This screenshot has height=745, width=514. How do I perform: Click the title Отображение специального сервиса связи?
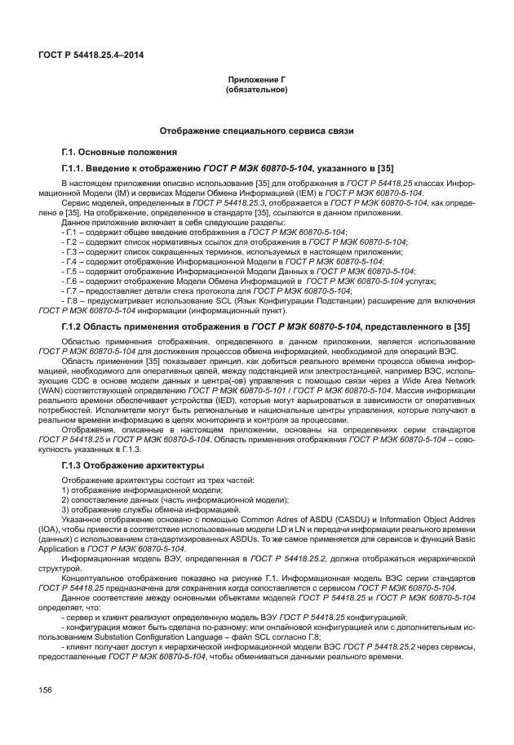[256, 131]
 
